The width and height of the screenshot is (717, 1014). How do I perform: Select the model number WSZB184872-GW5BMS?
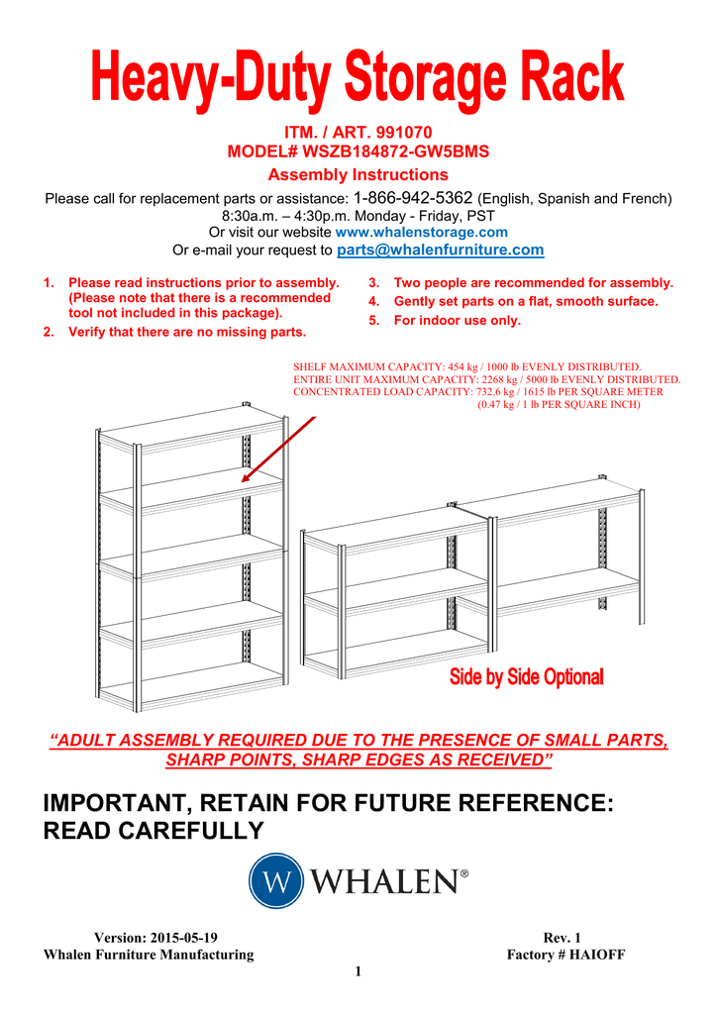point(396,152)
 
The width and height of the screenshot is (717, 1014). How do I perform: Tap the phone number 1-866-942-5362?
point(413,197)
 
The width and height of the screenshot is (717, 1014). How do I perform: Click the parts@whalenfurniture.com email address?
point(441,250)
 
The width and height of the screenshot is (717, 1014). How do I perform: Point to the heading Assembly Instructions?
point(358,174)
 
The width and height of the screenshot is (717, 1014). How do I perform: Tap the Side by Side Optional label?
point(526,677)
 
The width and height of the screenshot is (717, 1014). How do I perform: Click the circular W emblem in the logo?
point(275,880)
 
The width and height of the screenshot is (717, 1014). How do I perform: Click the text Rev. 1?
point(563,937)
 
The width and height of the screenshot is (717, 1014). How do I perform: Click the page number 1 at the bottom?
point(358,971)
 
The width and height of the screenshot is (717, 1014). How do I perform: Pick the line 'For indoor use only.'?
point(457,320)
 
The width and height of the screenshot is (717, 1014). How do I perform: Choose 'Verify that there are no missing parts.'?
point(186,332)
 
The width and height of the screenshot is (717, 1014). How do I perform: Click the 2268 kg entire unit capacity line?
point(487,379)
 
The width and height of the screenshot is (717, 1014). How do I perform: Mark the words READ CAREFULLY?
point(154,830)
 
